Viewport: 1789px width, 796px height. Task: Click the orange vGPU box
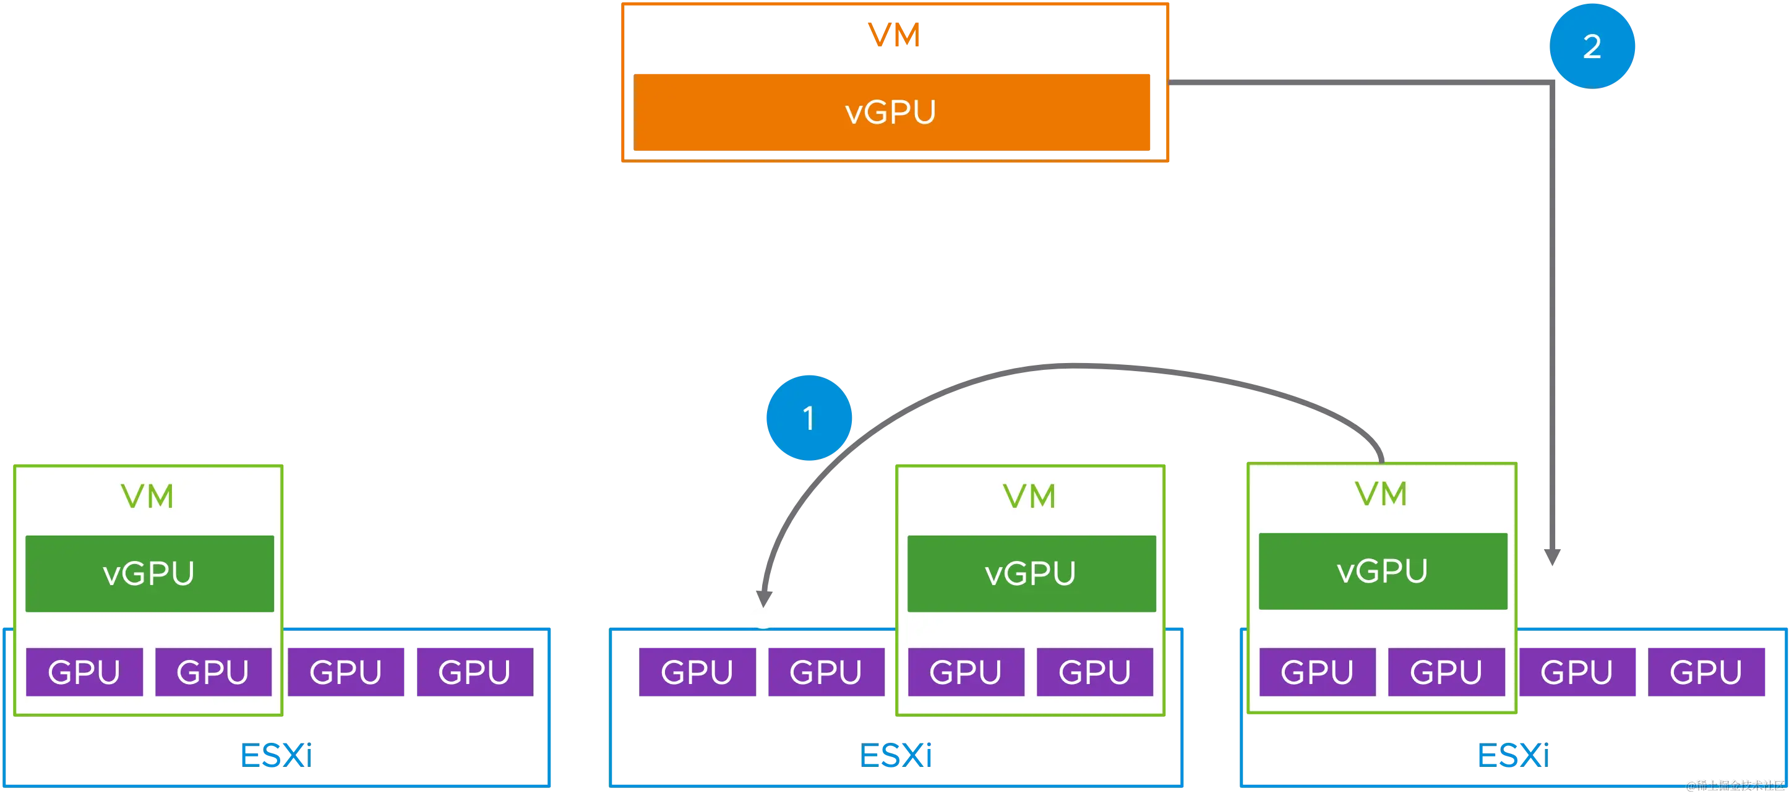click(893, 112)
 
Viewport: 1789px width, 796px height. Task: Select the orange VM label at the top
click(894, 35)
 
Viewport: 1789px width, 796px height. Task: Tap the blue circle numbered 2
click(1592, 46)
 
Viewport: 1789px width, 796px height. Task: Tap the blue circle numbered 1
click(809, 418)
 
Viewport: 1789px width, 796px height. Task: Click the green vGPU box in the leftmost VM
click(149, 573)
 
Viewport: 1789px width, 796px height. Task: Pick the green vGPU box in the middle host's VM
click(1031, 573)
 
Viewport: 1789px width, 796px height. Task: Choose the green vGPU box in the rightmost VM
click(1383, 571)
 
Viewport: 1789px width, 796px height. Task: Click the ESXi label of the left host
click(275, 755)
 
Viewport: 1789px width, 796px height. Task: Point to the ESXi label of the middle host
click(896, 755)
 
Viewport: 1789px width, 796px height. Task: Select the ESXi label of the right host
click(1512, 755)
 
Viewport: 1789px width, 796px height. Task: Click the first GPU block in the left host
click(84, 672)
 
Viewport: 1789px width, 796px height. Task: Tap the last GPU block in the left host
click(474, 671)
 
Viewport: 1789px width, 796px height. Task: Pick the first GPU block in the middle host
click(697, 672)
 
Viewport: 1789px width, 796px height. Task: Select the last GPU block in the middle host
click(1094, 672)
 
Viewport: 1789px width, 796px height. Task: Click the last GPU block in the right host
click(1705, 671)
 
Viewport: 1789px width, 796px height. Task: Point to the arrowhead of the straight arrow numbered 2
click(1551, 558)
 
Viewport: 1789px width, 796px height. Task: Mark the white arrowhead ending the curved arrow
click(763, 616)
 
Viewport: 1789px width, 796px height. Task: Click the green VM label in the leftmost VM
click(147, 496)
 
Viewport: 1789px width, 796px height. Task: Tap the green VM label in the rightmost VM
click(1381, 494)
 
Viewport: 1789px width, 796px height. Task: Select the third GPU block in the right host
click(1576, 671)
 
